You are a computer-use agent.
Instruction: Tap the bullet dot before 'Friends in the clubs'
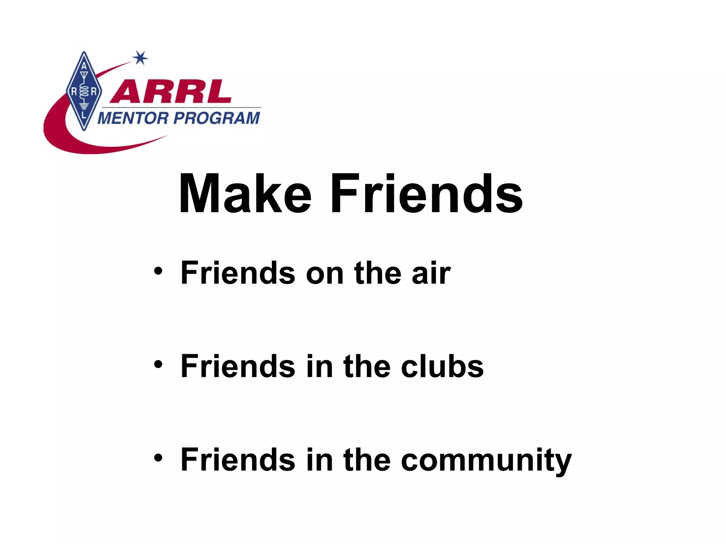[x=158, y=365]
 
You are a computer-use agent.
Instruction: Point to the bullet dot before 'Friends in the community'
[x=158, y=458]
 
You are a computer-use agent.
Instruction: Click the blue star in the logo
[x=140, y=58]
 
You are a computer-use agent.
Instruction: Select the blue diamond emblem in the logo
[x=84, y=91]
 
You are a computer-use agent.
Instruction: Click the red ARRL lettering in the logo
[x=171, y=92]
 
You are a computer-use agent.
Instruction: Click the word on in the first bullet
[x=325, y=273]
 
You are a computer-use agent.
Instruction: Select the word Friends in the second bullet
[x=238, y=366]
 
